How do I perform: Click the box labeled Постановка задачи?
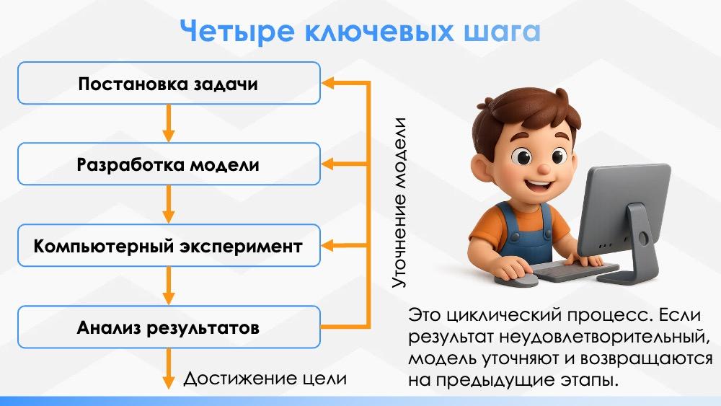(x=169, y=83)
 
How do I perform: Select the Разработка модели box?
(x=169, y=164)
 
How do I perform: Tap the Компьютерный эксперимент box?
(x=169, y=245)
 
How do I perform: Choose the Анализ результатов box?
(x=169, y=327)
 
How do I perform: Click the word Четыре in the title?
(x=236, y=31)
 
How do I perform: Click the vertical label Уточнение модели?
(x=399, y=203)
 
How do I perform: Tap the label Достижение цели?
(x=265, y=379)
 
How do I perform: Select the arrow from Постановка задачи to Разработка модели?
(x=169, y=123)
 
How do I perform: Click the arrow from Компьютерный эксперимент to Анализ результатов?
(x=169, y=286)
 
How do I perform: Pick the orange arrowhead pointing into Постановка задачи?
(x=328, y=83)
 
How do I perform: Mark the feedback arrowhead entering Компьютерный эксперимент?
(x=328, y=245)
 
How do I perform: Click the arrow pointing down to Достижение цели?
(x=169, y=369)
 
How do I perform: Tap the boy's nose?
(x=544, y=168)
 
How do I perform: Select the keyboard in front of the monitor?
(x=575, y=272)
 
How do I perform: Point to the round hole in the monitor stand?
(x=642, y=238)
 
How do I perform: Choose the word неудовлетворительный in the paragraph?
(x=602, y=337)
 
